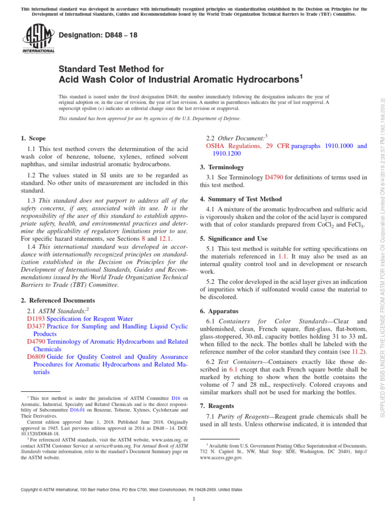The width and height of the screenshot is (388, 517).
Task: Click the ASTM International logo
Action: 38,40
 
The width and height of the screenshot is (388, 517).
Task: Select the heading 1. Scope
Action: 33,138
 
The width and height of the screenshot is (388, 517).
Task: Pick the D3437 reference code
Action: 36,327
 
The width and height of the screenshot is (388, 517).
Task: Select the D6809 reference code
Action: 36,356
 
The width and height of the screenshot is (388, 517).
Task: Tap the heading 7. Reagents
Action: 217,405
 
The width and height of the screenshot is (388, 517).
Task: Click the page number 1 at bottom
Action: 194,499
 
